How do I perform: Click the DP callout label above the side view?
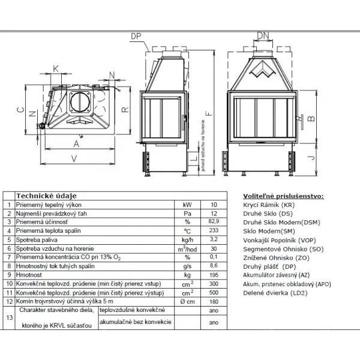click(136, 36)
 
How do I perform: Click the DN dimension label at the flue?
click(263, 35)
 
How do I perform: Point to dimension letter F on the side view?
click(209, 113)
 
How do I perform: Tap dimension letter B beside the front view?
click(311, 118)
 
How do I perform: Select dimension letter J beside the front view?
click(311, 158)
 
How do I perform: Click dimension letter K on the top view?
click(56, 68)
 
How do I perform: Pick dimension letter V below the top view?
click(74, 158)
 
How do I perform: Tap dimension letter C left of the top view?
click(20, 110)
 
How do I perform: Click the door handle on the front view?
click(301, 122)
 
